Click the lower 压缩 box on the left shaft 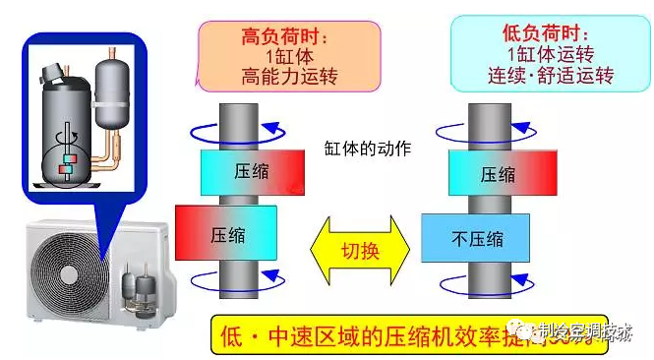click(x=226, y=234)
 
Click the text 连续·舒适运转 click(x=536, y=75)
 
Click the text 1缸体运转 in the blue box click(x=536, y=55)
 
